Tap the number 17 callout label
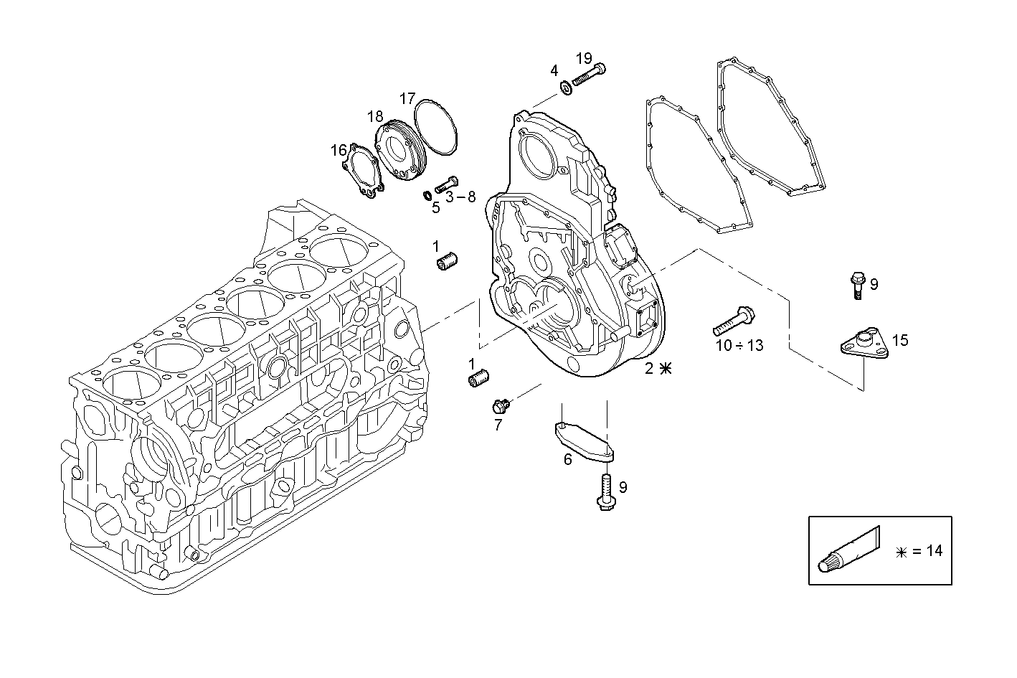pos(407,98)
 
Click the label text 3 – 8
pos(460,197)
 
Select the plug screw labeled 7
pos(500,406)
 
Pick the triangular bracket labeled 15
pos(865,342)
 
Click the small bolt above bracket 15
pos(856,283)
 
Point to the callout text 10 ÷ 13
pos(739,346)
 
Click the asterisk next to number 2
pos(666,369)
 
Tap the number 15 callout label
pos(900,340)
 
